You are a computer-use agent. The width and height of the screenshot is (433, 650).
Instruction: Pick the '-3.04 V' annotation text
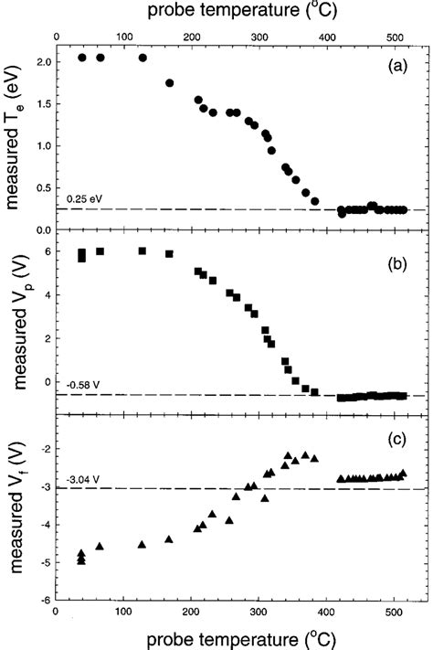(81, 480)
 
